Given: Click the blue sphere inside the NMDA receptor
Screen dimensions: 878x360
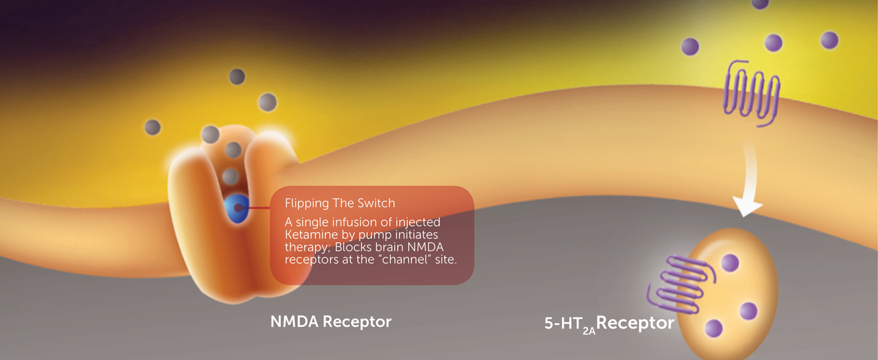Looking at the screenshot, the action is pyautogui.click(x=237, y=208).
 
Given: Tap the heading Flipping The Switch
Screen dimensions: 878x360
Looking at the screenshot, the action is pyautogui.click(x=340, y=203).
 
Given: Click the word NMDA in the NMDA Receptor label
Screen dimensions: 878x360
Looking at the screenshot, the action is pyautogui.click(x=294, y=322).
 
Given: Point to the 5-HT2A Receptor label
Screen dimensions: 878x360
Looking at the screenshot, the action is pyautogui.click(x=609, y=324).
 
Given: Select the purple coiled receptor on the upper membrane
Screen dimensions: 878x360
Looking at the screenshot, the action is pyautogui.click(x=751, y=93).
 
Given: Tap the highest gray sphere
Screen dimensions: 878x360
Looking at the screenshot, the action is pyautogui.click(x=237, y=77).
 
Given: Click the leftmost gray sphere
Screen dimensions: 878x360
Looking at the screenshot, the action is pyautogui.click(x=152, y=127).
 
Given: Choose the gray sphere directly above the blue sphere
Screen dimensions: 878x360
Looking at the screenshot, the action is pyautogui.click(x=231, y=177).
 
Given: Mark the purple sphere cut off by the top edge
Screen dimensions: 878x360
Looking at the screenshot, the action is pyautogui.click(x=760, y=4).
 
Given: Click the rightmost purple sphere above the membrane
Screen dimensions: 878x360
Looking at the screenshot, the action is pyautogui.click(x=829, y=40).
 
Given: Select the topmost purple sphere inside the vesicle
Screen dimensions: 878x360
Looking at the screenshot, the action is pyautogui.click(x=730, y=263).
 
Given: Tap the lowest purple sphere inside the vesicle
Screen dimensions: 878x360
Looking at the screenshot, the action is pyautogui.click(x=714, y=328).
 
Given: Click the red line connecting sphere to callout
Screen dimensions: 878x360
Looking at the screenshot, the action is pyautogui.click(x=258, y=208).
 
